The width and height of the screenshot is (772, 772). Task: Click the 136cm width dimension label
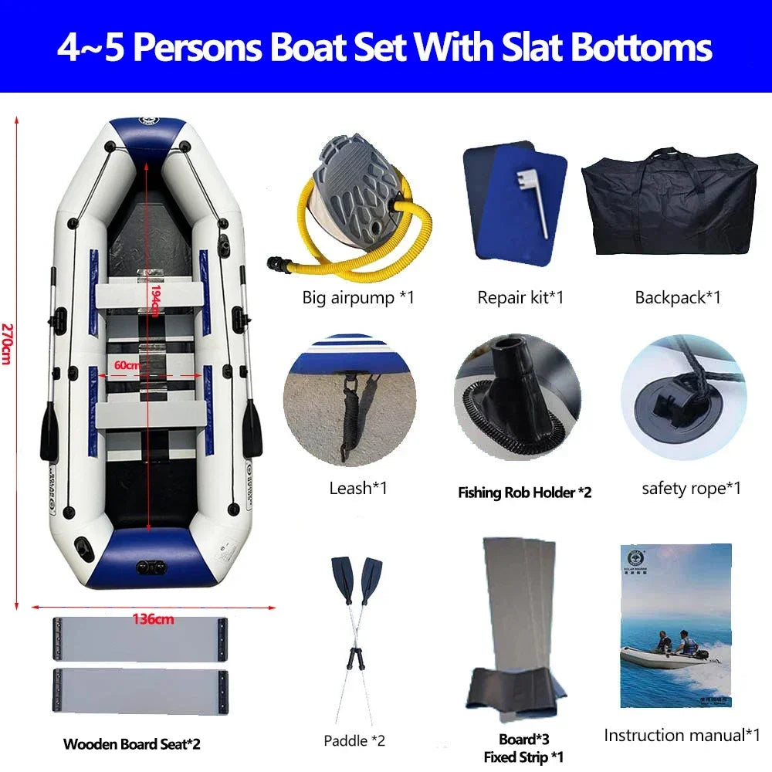(152, 618)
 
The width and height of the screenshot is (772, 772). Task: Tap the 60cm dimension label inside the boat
(128, 364)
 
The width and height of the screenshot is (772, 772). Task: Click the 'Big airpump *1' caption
(358, 296)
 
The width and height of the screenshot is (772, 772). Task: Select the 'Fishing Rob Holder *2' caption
(524, 492)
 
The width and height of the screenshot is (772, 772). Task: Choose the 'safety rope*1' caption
(691, 488)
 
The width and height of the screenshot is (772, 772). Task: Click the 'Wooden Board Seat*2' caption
(131, 744)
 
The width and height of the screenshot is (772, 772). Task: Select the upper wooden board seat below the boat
(140, 640)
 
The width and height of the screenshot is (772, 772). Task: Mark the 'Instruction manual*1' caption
(682, 735)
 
